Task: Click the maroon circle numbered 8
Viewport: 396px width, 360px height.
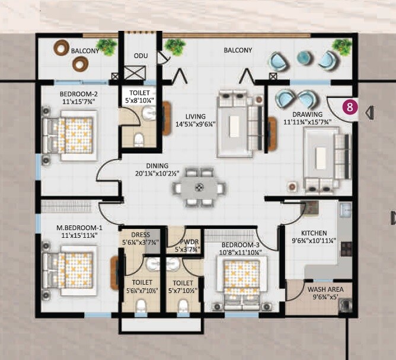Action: pos(350,107)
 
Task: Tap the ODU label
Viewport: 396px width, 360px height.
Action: pos(140,56)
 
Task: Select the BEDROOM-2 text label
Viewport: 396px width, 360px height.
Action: pos(78,94)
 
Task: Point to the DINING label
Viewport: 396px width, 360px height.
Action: pos(154,167)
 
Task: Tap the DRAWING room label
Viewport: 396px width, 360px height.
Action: pos(307,115)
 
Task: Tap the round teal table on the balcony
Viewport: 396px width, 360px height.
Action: pos(304,57)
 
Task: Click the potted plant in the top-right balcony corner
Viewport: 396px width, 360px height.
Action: pos(341,46)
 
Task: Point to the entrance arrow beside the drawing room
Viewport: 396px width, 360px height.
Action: pos(370,111)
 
